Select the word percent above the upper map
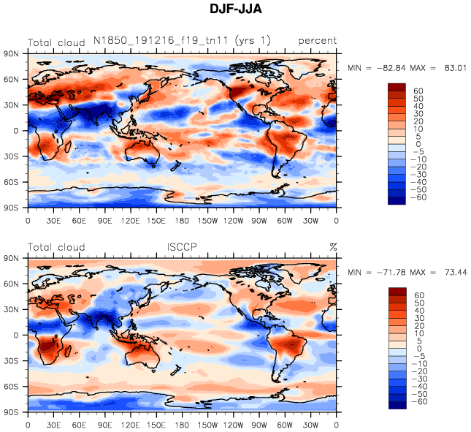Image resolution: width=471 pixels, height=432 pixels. pyautogui.click(x=317, y=41)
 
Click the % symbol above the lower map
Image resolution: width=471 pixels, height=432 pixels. pyautogui.click(x=333, y=247)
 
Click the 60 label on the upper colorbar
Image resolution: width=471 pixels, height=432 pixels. pyautogui.click(x=419, y=90)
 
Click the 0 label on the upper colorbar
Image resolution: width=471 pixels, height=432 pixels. pyautogui.click(x=418, y=144)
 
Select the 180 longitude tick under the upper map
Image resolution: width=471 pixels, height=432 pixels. pyautogui.click(x=183, y=220)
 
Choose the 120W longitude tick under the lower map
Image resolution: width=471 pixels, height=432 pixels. pyautogui.click(x=234, y=425)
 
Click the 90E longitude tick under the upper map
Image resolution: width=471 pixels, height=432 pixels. pyautogui.click(x=105, y=220)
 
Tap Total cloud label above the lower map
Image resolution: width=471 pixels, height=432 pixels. pyautogui.click(x=56, y=247)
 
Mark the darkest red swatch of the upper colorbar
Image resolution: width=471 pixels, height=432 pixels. pyautogui.click(x=397, y=87)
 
